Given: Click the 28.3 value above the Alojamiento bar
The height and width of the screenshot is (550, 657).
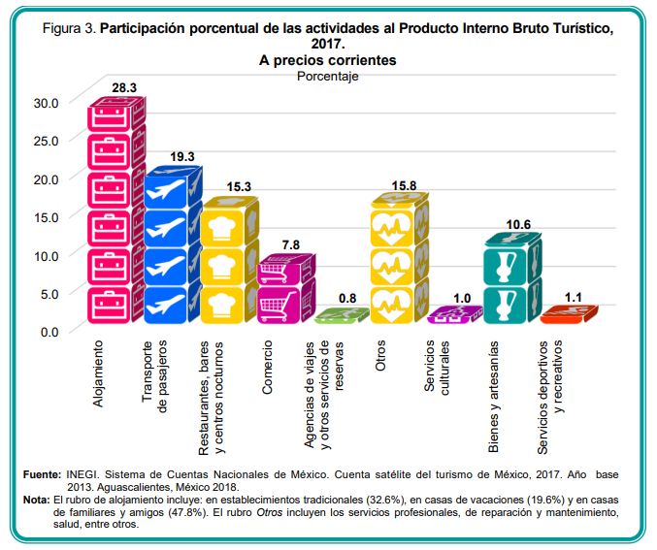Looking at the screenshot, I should (124, 87).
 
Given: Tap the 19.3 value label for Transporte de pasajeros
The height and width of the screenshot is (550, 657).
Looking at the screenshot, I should (182, 156).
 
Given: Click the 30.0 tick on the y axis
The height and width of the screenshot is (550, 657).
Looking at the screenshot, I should (46, 102).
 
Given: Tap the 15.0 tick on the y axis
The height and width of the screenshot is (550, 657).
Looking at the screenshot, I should (46, 216).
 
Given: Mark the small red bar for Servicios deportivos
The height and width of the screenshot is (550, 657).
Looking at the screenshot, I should (569, 313).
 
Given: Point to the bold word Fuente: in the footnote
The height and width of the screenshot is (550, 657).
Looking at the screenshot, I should (43, 473).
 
